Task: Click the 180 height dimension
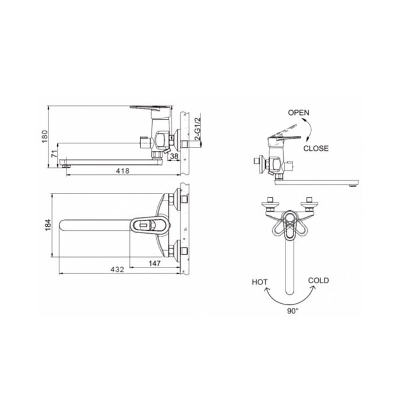click(x=45, y=136)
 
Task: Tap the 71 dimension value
click(x=54, y=153)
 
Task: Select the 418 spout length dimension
click(x=122, y=171)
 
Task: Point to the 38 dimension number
click(x=174, y=156)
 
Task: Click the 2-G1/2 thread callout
click(x=198, y=128)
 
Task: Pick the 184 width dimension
click(x=48, y=226)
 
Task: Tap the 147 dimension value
click(x=154, y=263)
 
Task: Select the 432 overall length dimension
click(x=117, y=269)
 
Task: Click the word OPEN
click(x=298, y=112)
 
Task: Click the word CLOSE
click(x=316, y=148)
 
